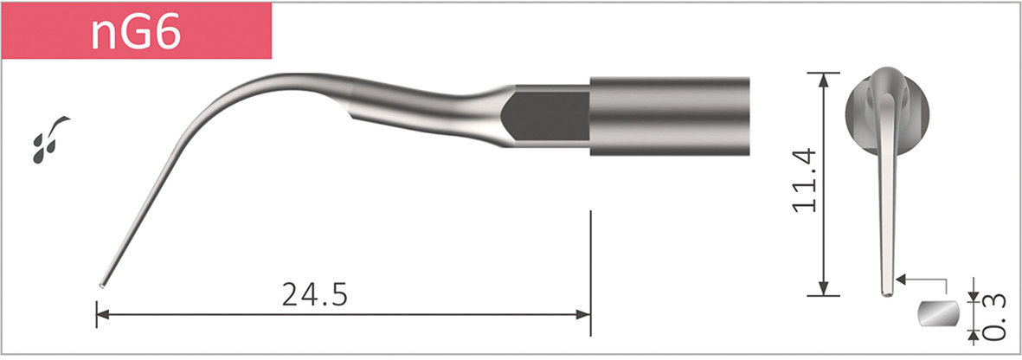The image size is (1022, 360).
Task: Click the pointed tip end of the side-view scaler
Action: coord(103,282)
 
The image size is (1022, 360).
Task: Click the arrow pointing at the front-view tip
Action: coord(903,280)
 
